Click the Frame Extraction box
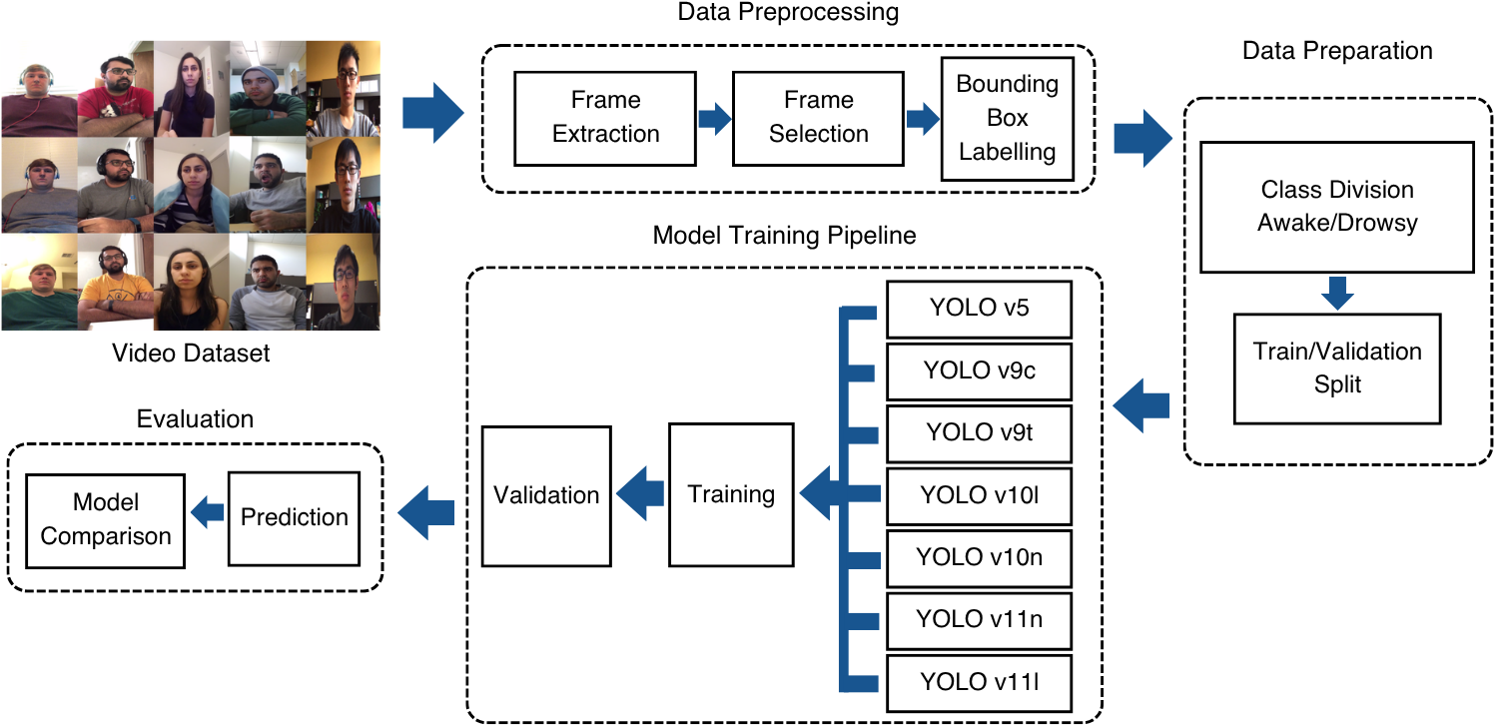click(x=605, y=118)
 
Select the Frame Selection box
click(x=818, y=118)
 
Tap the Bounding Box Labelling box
click(x=1007, y=118)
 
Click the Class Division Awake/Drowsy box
click(x=1337, y=207)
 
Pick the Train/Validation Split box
click(x=1337, y=368)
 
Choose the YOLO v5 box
click(x=979, y=309)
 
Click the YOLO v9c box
click(x=979, y=371)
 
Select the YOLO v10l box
click(x=979, y=495)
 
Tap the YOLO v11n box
click(x=979, y=620)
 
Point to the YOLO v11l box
click(x=979, y=683)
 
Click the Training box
click(x=731, y=494)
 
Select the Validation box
click(x=546, y=495)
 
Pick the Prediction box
click(x=294, y=518)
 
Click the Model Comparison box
click(x=106, y=520)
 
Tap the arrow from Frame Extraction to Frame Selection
click(x=715, y=119)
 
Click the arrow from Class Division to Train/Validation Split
click(x=1337, y=293)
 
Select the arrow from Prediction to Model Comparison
click(x=208, y=512)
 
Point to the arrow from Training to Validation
click(x=640, y=493)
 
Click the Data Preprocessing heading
click(x=788, y=12)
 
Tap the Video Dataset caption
click(x=191, y=353)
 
